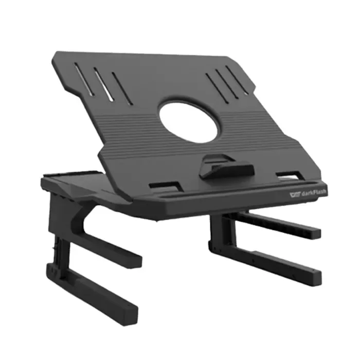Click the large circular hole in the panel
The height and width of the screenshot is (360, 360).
(187, 122)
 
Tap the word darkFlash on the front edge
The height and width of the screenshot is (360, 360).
(312, 194)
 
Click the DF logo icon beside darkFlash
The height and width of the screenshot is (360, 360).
(294, 195)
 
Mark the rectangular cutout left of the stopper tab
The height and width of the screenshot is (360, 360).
(165, 185)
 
